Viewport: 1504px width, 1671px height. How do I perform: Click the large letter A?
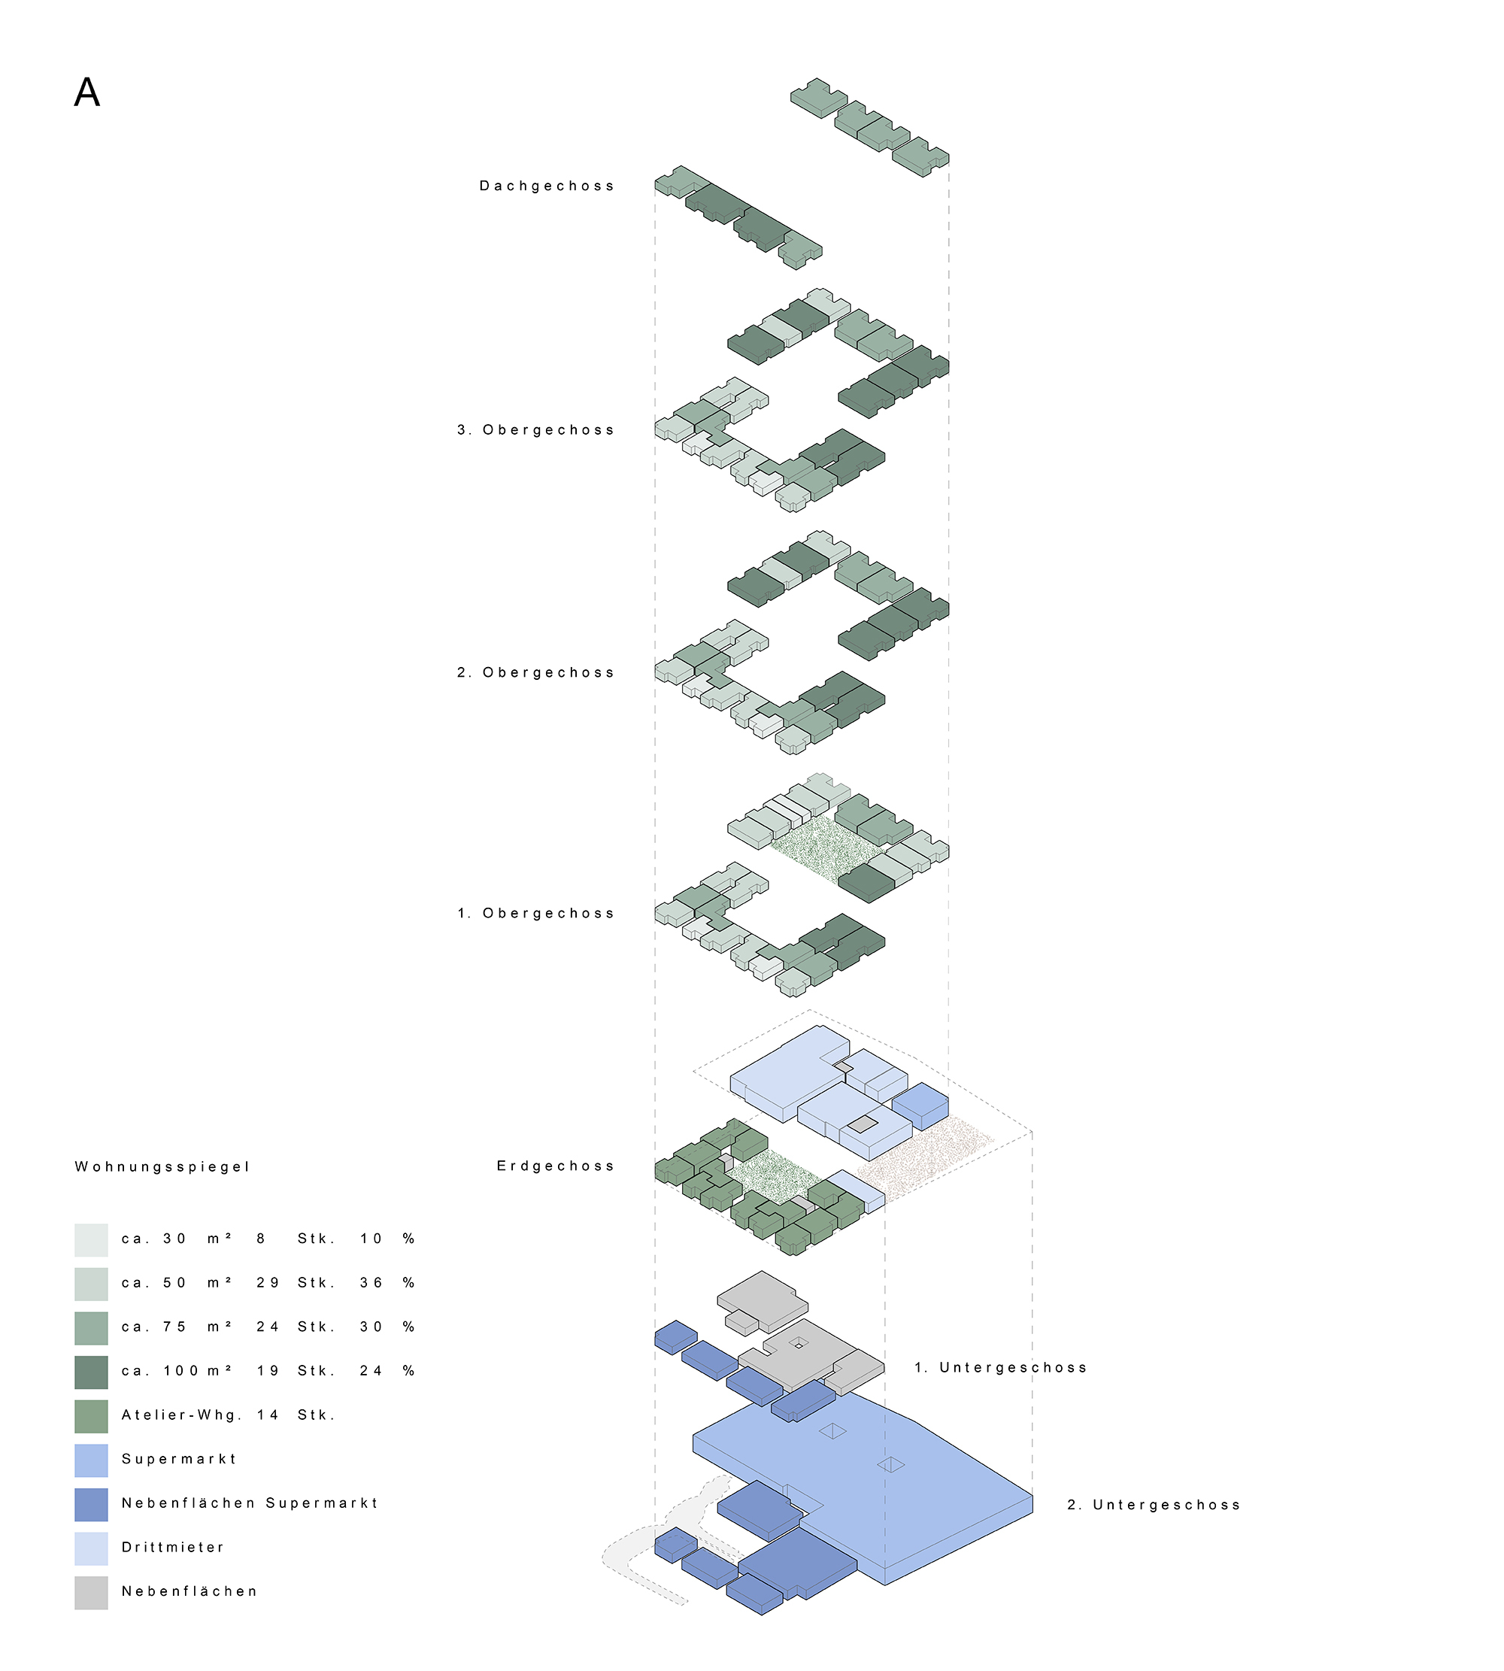[x=86, y=92]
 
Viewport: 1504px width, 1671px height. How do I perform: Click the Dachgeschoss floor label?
[x=547, y=186]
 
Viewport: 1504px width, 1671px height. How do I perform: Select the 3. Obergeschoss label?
[x=535, y=429]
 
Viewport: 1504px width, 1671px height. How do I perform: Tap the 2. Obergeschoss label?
[x=535, y=673]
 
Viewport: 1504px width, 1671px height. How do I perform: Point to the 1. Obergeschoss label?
[x=535, y=913]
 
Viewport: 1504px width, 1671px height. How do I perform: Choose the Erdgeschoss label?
[x=555, y=1166]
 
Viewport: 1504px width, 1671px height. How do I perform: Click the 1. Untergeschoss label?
[x=1000, y=1368]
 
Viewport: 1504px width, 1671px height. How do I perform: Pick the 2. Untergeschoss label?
[x=1154, y=1505]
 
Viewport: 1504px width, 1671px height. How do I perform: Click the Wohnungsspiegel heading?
[x=162, y=1167]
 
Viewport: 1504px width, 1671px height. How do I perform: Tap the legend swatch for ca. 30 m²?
[x=91, y=1239]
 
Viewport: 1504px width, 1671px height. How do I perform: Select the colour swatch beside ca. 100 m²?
[x=91, y=1372]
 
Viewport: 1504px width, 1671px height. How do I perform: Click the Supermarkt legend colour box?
[x=91, y=1460]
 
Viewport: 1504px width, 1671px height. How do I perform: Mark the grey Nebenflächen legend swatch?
[x=91, y=1593]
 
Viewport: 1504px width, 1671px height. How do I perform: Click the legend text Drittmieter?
[x=173, y=1547]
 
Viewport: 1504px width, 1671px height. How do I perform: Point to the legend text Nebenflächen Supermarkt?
[x=250, y=1503]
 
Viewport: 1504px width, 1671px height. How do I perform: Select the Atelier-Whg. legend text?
[x=182, y=1415]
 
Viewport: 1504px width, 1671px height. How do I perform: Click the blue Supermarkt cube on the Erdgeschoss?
[x=920, y=1105]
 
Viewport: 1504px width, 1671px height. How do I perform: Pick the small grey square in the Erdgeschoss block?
[x=862, y=1124]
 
